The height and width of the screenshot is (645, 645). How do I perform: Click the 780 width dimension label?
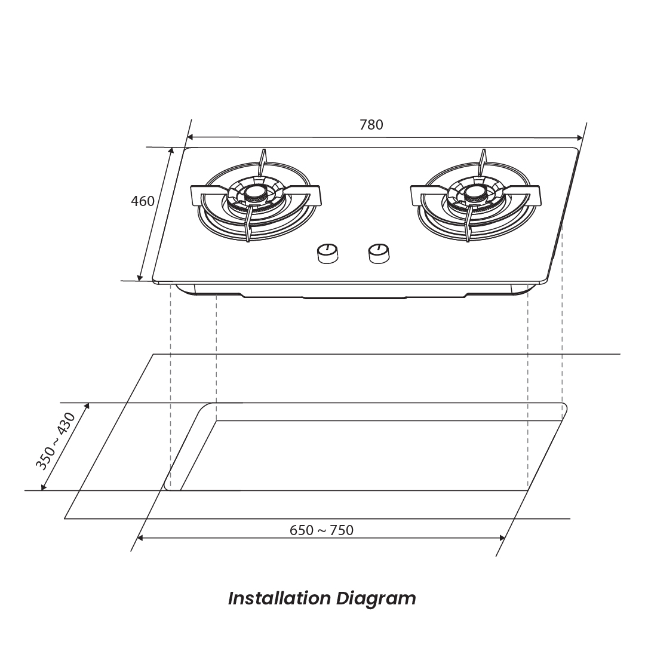tap(371, 125)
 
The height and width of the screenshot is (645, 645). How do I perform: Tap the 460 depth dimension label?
tap(142, 201)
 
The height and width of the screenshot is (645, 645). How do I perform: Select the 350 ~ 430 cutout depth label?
tap(56, 441)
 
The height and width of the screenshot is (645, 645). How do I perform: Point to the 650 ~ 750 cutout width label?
tap(321, 530)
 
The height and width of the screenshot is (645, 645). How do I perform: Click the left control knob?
tap(328, 253)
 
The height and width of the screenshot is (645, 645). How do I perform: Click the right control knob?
tap(379, 253)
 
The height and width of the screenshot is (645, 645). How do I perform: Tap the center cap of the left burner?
tap(257, 192)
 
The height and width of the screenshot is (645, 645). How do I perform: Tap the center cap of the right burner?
tap(477, 192)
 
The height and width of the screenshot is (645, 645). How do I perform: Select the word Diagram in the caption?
tap(376, 600)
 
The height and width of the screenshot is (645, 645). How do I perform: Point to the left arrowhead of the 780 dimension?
tap(190, 137)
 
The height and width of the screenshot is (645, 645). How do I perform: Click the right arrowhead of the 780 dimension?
tap(580, 138)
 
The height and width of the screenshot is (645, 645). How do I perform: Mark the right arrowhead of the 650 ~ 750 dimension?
tap(502, 537)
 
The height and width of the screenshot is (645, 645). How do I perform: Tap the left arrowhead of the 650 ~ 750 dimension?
tap(140, 537)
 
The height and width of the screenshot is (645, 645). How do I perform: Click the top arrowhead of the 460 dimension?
tap(171, 151)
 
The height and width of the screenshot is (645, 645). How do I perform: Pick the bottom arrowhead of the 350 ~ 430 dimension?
tap(43, 487)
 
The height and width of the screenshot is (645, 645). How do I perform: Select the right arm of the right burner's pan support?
tap(523, 194)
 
